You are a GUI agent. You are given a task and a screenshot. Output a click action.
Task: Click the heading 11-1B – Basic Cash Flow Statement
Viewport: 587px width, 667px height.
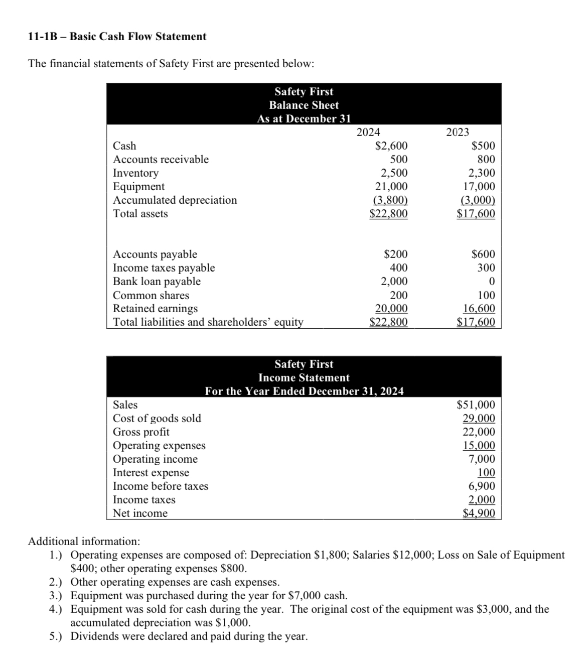click(117, 37)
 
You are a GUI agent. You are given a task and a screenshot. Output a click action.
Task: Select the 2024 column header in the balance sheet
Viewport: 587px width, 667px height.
click(368, 132)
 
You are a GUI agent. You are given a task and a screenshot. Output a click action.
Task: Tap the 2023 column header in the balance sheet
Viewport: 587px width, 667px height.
click(458, 132)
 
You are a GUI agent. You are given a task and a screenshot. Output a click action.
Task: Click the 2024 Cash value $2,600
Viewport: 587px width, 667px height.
click(391, 146)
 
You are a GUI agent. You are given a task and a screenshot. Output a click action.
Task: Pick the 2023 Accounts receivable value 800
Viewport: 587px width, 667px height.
click(486, 160)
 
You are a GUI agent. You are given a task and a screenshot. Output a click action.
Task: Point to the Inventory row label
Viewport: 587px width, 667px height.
click(135, 173)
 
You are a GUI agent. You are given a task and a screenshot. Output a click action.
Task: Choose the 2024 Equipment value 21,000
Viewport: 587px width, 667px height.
click(391, 187)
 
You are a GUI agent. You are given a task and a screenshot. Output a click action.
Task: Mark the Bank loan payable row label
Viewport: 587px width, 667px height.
click(157, 282)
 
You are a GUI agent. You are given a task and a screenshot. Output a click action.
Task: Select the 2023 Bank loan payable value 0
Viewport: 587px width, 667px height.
click(492, 282)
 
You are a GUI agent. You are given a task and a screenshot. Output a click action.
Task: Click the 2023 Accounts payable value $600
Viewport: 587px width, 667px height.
click(484, 254)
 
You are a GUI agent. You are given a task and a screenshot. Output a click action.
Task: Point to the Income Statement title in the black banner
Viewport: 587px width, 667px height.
click(304, 378)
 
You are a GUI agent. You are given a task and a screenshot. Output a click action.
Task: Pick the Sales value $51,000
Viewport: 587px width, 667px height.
click(476, 405)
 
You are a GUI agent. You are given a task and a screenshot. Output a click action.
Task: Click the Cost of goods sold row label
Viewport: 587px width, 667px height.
click(157, 419)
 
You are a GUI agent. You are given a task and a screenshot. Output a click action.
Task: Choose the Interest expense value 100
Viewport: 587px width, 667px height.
click(486, 473)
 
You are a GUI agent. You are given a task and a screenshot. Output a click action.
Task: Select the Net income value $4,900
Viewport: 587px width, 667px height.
click(479, 513)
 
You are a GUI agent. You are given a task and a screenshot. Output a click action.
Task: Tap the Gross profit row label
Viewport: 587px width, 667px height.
click(141, 432)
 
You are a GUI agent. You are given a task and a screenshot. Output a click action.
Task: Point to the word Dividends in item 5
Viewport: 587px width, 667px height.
click(94, 637)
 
